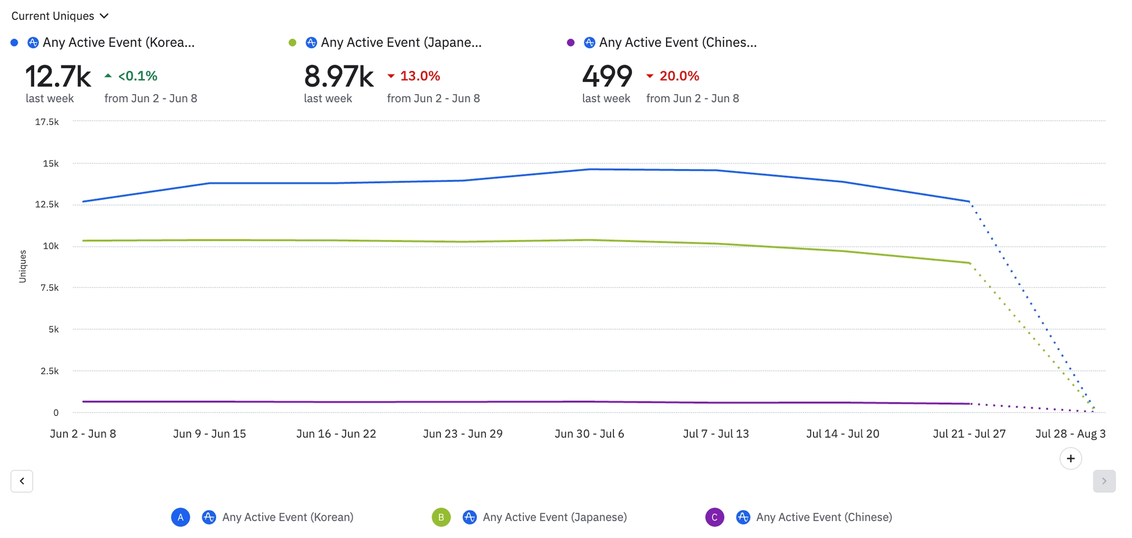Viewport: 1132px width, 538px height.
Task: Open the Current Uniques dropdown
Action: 60,16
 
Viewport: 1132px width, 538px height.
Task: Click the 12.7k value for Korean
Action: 58,76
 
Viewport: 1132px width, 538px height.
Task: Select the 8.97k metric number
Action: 339,76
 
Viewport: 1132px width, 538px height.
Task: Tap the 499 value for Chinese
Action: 607,76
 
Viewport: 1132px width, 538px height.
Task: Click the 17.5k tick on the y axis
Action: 47,122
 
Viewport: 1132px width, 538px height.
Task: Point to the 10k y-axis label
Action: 51,246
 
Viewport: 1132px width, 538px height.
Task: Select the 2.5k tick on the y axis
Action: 49,371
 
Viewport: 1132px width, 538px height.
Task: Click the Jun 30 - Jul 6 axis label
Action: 589,434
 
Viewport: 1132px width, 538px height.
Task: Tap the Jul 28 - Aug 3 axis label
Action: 1070,434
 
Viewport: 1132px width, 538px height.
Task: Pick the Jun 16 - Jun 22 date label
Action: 336,434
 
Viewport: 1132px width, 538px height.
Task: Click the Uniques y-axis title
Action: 23,266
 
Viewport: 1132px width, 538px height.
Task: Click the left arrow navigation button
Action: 22,481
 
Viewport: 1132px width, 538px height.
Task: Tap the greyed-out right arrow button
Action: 1104,481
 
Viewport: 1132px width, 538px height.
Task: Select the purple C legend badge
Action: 714,517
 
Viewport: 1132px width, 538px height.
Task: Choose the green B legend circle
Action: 441,517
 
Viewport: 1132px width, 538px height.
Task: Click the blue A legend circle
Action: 180,517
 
